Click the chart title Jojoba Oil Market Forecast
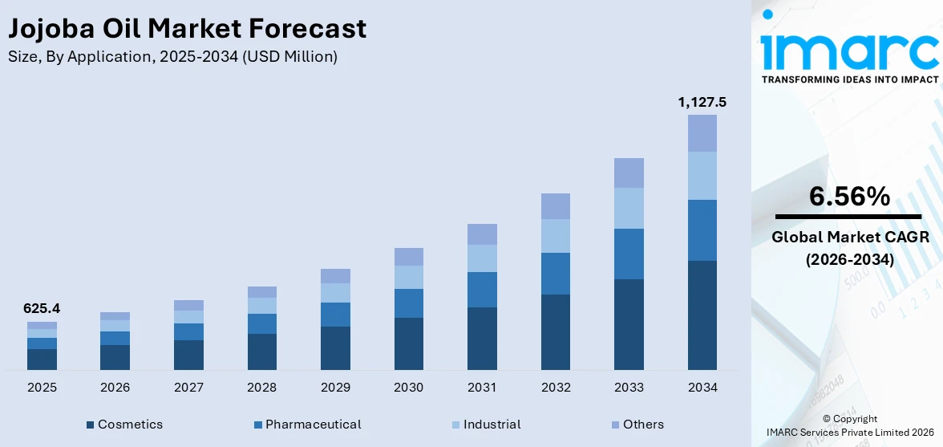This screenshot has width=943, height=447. [x=187, y=29]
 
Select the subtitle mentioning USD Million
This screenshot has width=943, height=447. [x=172, y=56]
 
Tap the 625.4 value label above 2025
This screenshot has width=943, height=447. [x=42, y=308]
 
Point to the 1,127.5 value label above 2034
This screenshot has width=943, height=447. [x=702, y=102]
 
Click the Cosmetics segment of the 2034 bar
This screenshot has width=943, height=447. [x=702, y=315]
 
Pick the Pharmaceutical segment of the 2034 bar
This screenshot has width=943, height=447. [x=702, y=230]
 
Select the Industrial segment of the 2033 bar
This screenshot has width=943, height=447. [x=629, y=208]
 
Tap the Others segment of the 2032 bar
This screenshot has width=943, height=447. [x=556, y=206]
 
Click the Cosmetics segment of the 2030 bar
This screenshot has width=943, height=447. [x=409, y=343]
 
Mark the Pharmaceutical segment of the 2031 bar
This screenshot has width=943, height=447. [x=482, y=290]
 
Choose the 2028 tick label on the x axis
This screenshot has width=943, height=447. [x=262, y=388]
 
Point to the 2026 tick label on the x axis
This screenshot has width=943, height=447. [x=115, y=388]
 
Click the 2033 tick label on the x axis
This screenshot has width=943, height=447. [x=629, y=388]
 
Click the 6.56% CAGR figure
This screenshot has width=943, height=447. [x=849, y=197]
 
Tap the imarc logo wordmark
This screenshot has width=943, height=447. [x=849, y=50]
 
